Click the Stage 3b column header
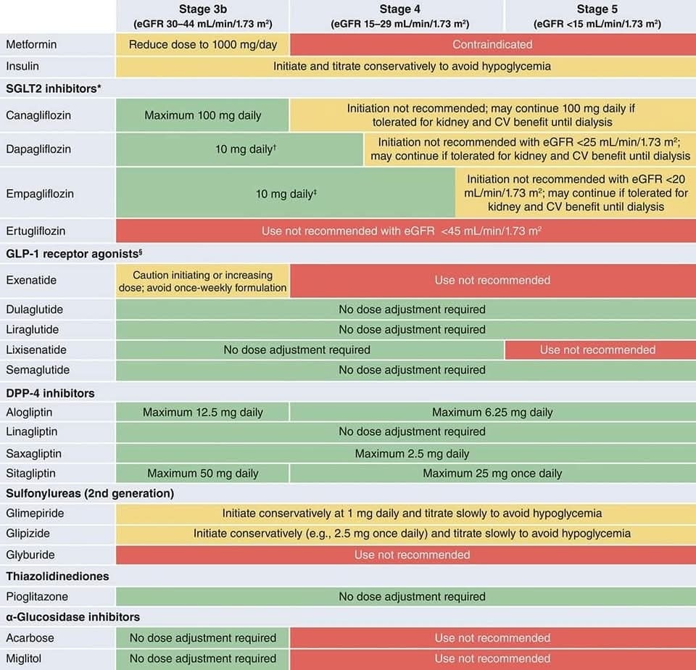click(x=202, y=16)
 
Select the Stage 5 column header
click(x=597, y=16)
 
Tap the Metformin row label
click(x=31, y=44)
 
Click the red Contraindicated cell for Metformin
click(x=492, y=44)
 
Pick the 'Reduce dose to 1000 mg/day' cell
click(x=202, y=44)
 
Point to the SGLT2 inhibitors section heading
click(x=52, y=88)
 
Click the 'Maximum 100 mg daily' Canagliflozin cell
click(x=202, y=115)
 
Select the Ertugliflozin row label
click(x=36, y=231)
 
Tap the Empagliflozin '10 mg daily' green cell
click(x=286, y=194)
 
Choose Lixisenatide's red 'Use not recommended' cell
click(x=597, y=350)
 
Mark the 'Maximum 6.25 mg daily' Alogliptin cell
click(x=492, y=412)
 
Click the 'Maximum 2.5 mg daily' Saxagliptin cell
click(x=412, y=453)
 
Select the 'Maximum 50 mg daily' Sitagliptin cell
click(x=202, y=473)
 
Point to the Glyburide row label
click(x=30, y=555)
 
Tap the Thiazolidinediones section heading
click(x=57, y=576)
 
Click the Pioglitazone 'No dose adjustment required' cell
click(x=412, y=596)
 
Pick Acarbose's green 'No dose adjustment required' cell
click(x=202, y=638)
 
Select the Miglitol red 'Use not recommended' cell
click(x=492, y=658)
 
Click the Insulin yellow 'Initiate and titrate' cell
click(x=412, y=66)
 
